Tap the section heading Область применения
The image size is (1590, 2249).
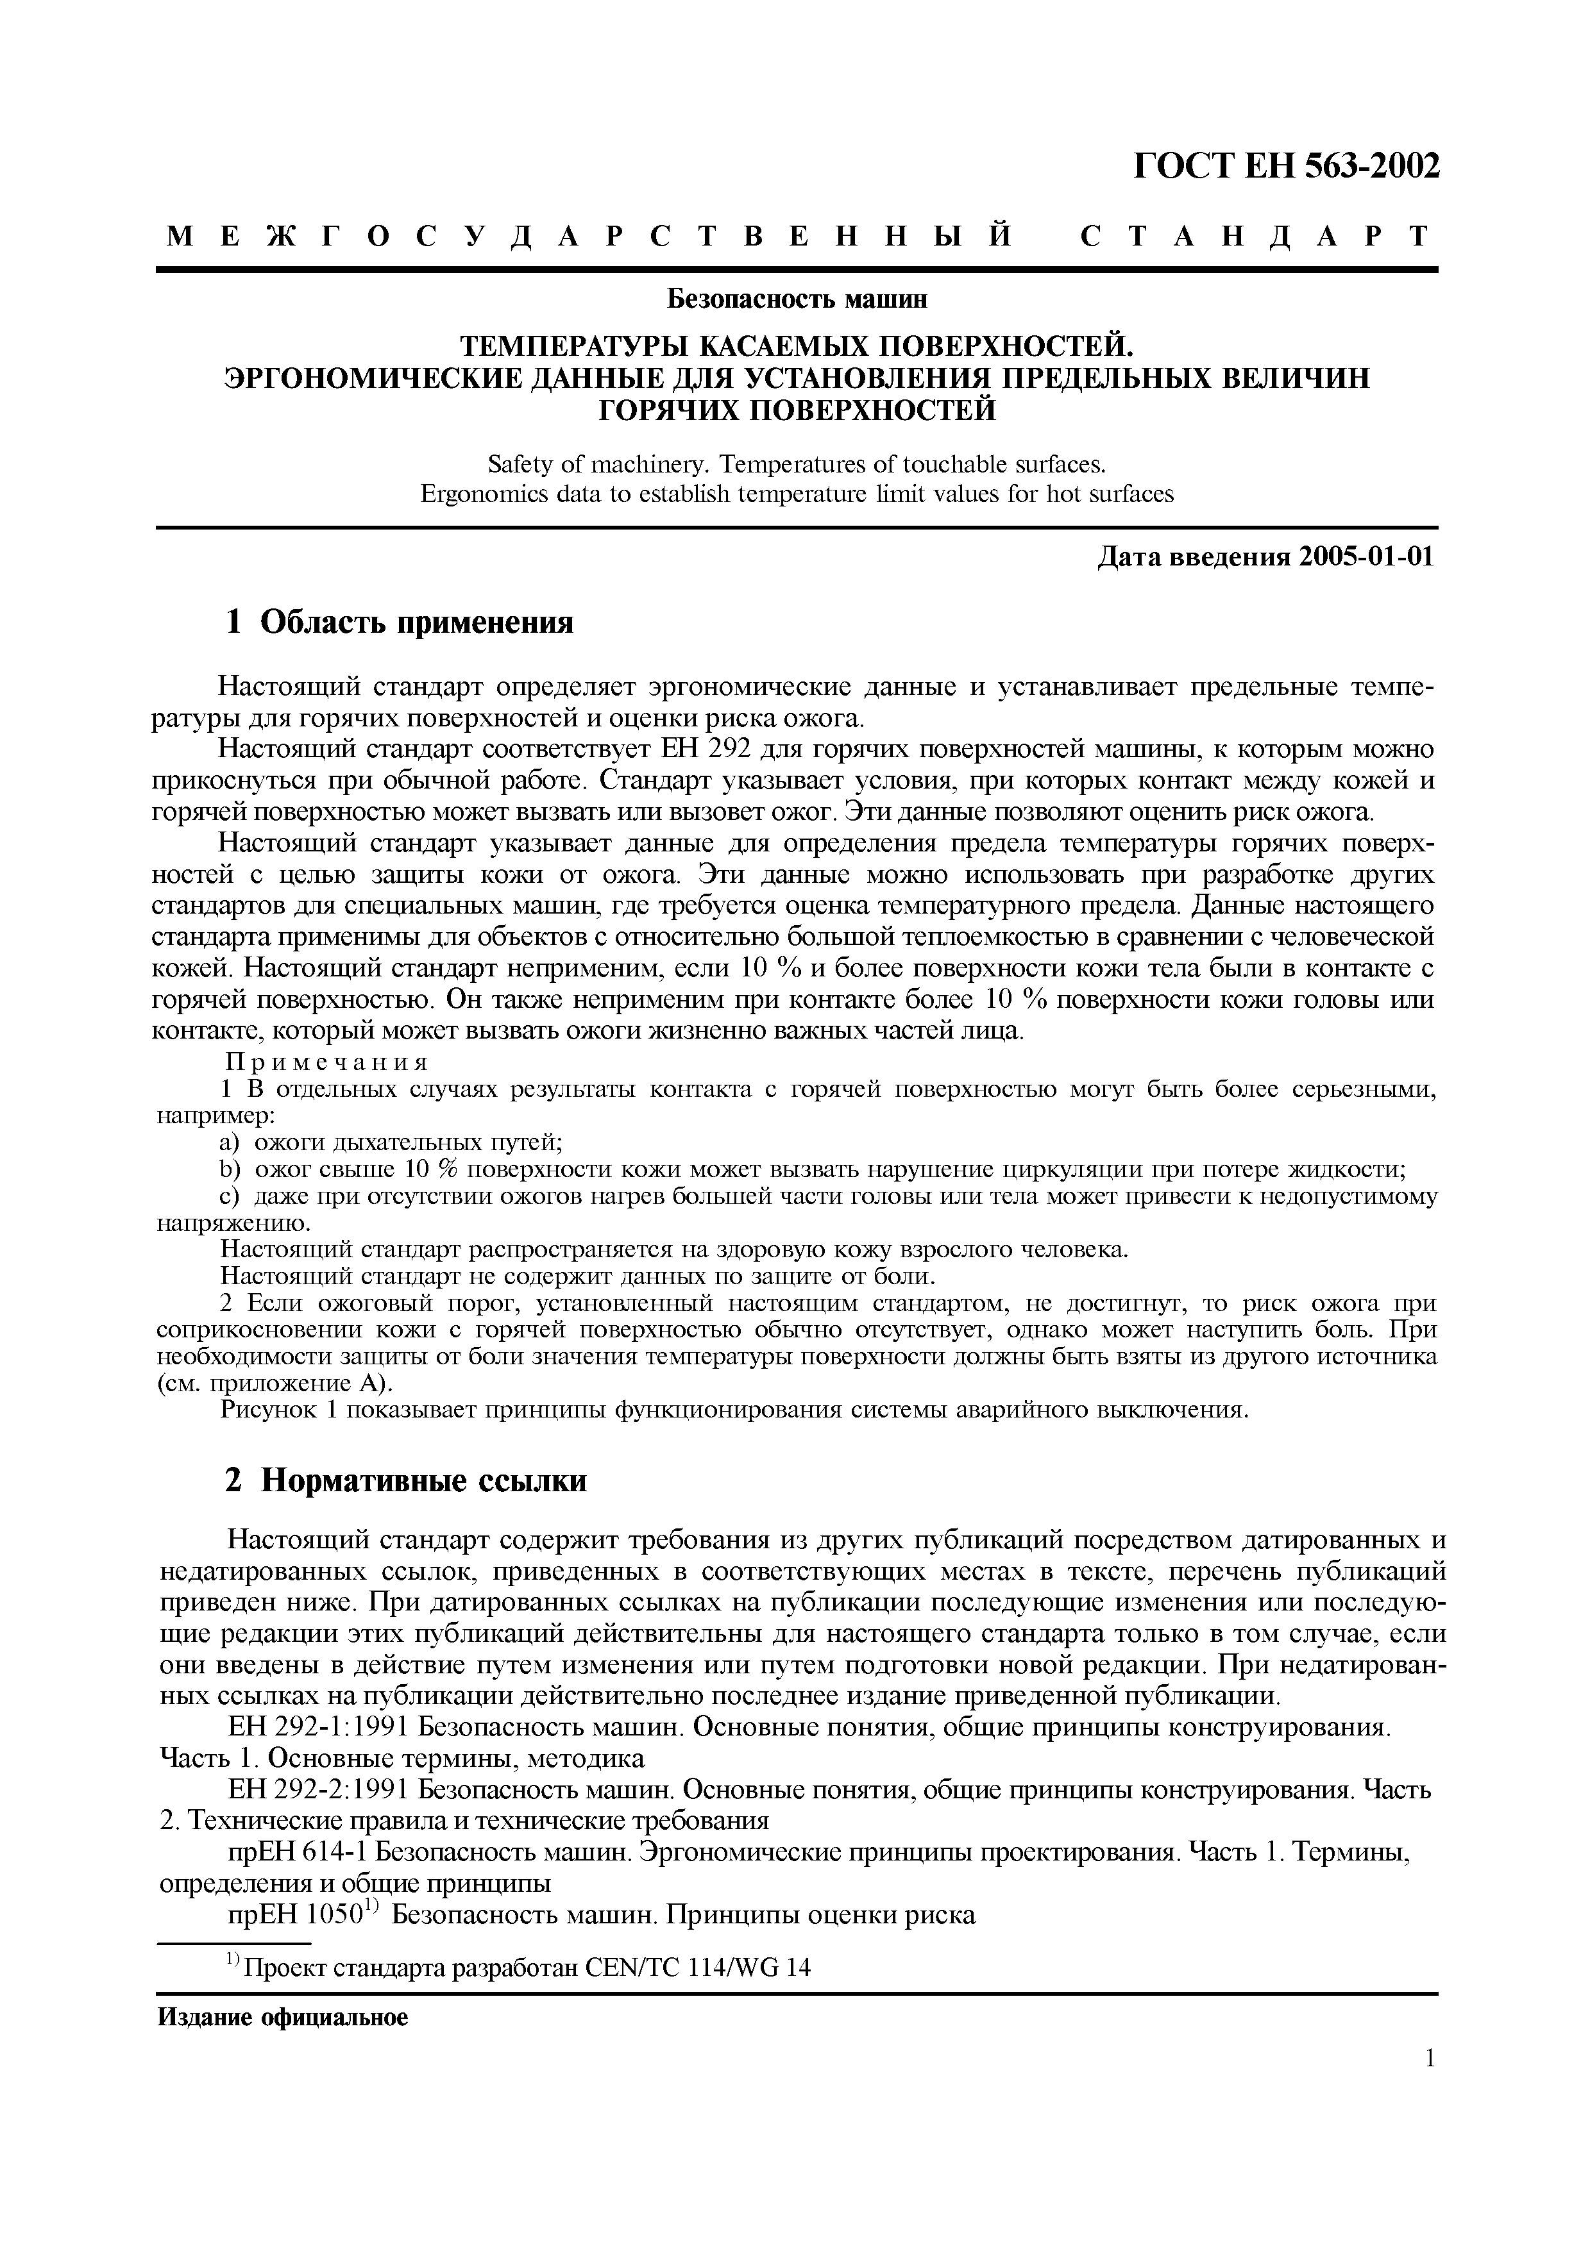pos(416,621)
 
